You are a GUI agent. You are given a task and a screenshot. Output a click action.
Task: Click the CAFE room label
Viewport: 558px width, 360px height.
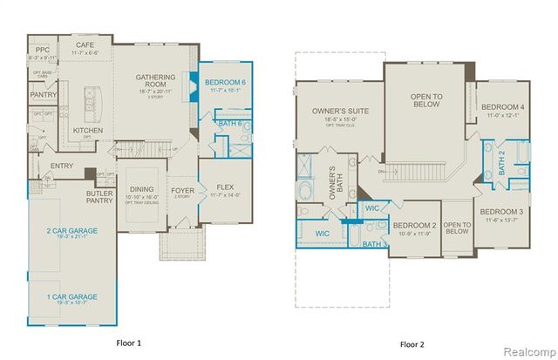pos(85,44)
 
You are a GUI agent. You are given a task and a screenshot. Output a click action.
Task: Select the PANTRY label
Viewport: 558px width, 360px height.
pos(43,94)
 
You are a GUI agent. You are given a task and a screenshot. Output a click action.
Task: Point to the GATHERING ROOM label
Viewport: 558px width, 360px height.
pos(156,78)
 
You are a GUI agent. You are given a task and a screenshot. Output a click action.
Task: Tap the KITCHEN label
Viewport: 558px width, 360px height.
pos(88,131)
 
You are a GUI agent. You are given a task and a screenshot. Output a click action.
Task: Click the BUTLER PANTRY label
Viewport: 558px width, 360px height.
pos(101,198)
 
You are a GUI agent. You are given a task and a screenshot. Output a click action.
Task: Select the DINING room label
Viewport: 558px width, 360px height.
pos(140,189)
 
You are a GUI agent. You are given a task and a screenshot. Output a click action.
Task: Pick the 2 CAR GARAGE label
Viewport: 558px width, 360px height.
pos(71,231)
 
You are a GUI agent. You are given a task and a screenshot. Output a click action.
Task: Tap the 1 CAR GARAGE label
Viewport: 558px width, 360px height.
pos(71,297)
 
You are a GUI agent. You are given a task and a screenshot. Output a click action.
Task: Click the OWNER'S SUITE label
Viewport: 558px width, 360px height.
pos(336,111)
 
